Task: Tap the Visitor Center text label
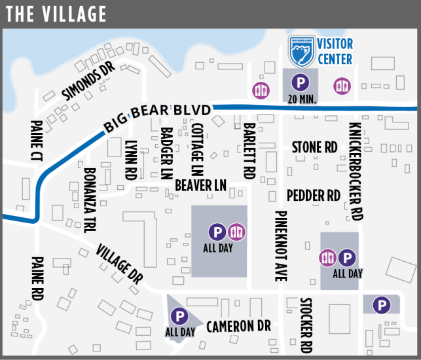click(335, 52)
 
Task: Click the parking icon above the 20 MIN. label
click(300, 82)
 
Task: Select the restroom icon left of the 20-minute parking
click(262, 89)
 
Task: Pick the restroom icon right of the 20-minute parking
click(341, 85)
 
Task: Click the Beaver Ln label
click(200, 187)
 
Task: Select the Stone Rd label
click(314, 147)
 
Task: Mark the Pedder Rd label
click(314, 195)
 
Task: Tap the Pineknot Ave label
click(280, 245)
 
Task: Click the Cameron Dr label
click(238, 326)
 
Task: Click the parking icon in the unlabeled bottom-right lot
click(380, 304)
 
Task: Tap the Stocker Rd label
click(305, 325)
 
